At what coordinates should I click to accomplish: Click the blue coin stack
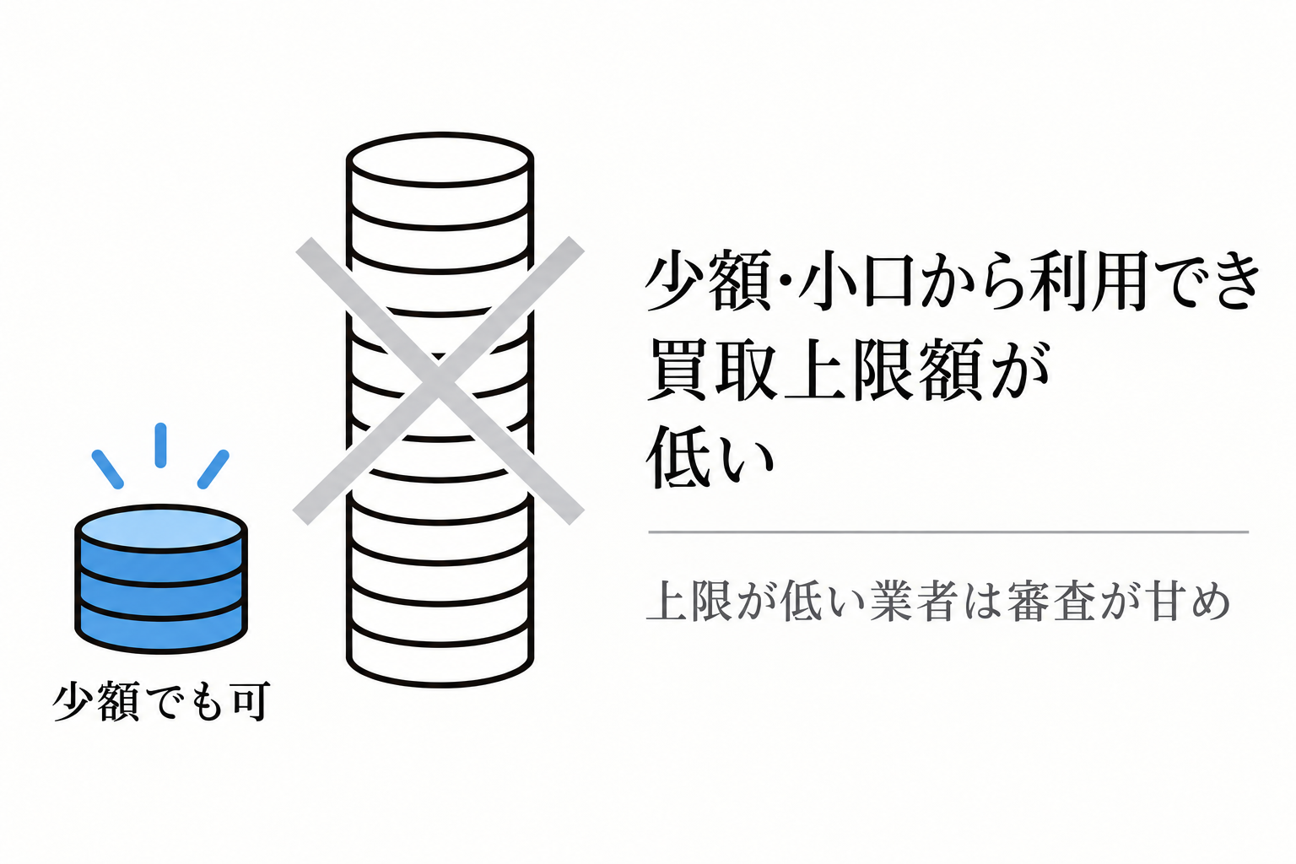[161, 579]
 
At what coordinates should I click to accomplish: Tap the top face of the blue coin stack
[161, 528]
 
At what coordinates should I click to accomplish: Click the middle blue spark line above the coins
[161, 445]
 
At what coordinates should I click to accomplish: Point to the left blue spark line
[108, 469]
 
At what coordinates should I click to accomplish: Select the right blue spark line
[213, 469]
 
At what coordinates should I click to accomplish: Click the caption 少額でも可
[161, 701]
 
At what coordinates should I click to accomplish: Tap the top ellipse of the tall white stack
[440, 159]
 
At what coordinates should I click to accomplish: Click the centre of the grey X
[439, 381]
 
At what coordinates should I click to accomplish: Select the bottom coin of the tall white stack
[440, 654]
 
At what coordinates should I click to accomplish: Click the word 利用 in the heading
[1088, 282]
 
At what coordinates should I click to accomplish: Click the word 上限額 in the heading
[883, 371]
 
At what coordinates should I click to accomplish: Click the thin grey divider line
[948, 532]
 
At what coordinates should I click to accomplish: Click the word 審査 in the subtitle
[1052, 602]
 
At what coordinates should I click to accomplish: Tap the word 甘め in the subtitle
[1191, 602]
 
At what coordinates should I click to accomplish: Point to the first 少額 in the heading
[709, 282]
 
